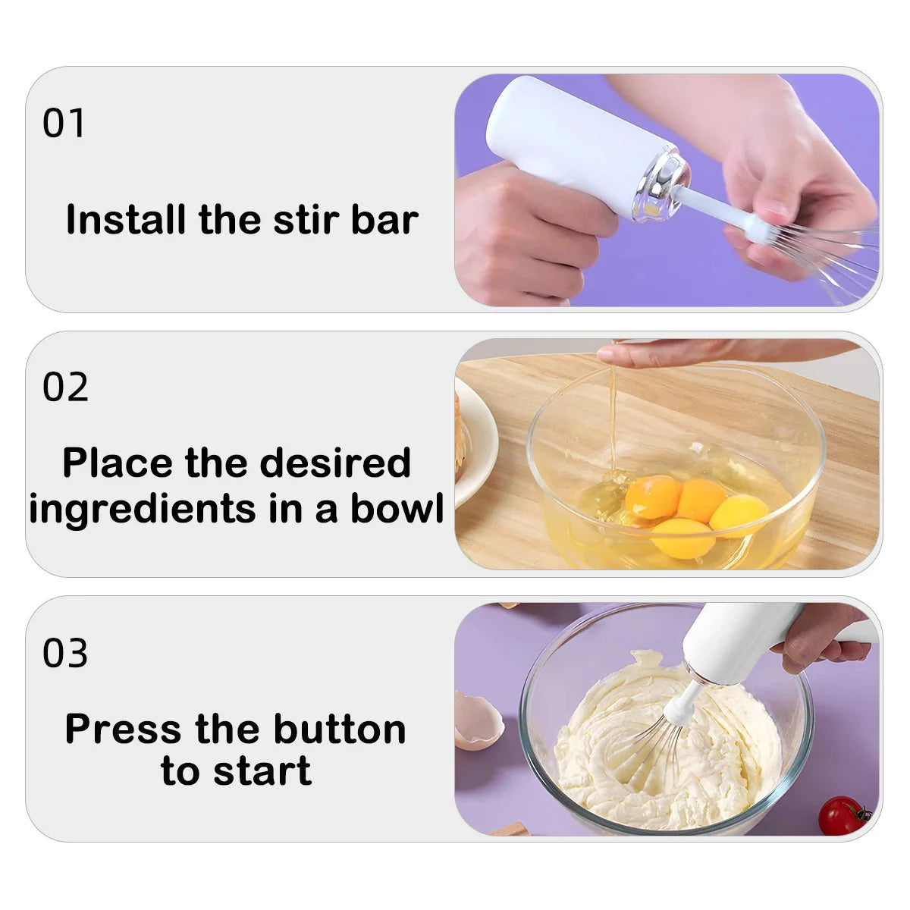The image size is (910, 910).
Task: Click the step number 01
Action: [x=64, y=124]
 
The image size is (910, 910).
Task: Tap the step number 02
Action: [x=65, y=388]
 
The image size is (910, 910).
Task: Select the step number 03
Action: [x=65, y=653]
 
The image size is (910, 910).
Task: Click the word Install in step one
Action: [x=126, y=220]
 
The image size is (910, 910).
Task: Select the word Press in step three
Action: [x=123, y=729]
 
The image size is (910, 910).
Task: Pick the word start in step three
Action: [x=262, y=771]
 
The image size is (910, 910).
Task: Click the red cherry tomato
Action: [x=842, y=815]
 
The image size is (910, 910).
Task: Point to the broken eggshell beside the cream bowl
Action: [x=476, y=720]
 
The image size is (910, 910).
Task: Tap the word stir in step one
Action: [x=307, y=220]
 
